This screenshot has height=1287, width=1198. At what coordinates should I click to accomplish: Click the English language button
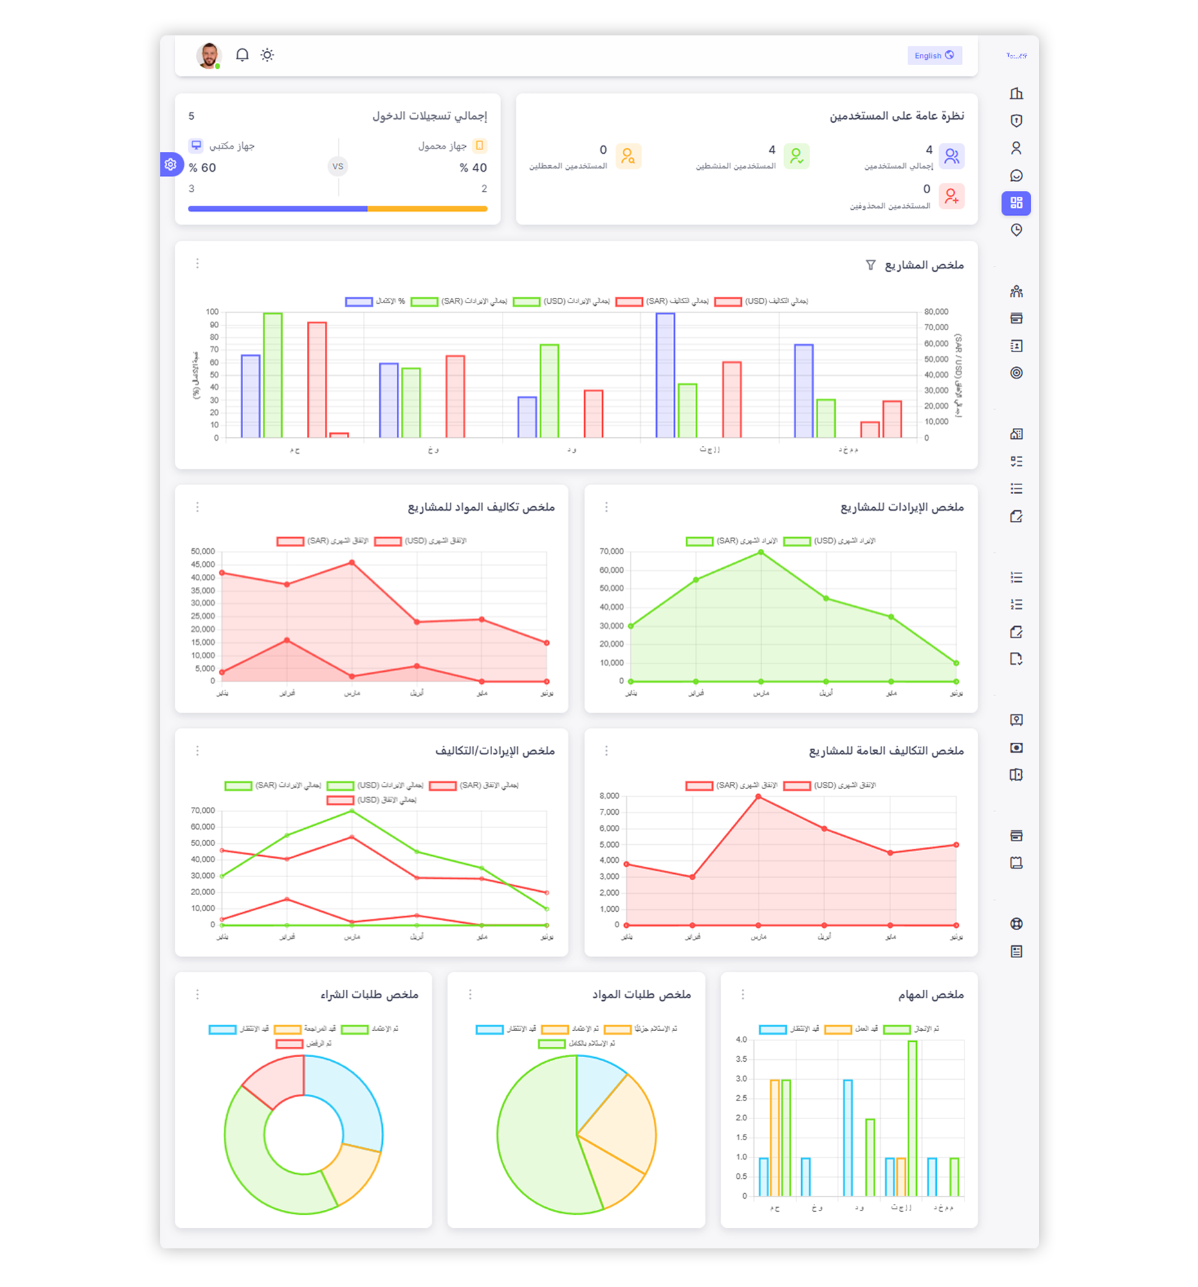click(934, 56)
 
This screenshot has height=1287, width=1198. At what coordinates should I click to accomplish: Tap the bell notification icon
click(242, 55)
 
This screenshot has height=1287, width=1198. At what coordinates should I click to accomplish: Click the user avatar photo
click(208, 55)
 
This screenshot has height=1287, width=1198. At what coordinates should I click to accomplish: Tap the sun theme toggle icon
click(267, 55)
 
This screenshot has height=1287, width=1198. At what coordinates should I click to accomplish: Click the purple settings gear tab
click(170, 165)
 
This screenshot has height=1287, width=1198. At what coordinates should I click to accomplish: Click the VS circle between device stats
click(337, 167)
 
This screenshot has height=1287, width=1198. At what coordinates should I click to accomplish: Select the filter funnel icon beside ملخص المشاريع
click(871, 264)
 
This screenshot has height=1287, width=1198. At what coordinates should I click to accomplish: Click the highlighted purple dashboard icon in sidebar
click(1015, 203)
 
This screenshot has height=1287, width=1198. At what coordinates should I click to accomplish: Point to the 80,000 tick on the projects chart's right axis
click(936, 312)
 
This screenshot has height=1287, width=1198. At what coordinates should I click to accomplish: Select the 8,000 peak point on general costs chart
click(758, 797)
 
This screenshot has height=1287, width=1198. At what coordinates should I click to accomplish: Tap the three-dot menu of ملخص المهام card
click(742, 994)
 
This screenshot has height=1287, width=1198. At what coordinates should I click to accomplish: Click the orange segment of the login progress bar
click(427, 208)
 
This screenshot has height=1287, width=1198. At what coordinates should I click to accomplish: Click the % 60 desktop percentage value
click(202, 168)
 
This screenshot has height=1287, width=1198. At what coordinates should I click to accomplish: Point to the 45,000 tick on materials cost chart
click(202, 564)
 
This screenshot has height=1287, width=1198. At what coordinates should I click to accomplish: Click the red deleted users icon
click(951, 196)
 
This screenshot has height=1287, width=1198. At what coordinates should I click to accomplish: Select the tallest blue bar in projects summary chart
click(665, 376)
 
